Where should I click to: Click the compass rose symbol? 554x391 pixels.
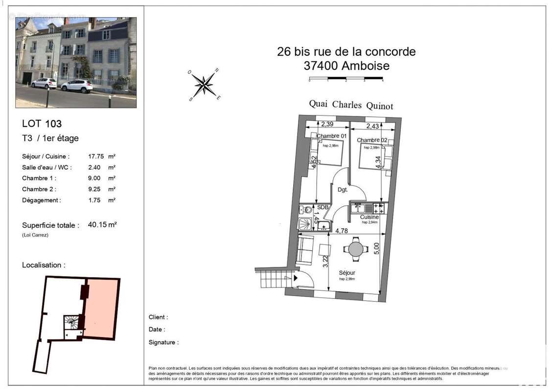click(204, 85)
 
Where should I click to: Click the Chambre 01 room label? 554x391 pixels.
click(332, 136)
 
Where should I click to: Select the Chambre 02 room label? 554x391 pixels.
click(372, 140)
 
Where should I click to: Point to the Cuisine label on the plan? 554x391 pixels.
click(369, 217)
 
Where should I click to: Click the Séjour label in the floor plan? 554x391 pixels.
click(347, 273)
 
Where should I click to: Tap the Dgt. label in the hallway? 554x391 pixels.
click(343, 190)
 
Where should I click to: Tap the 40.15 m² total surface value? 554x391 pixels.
click(102, 225)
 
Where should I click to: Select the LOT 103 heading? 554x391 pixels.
click(42, 124)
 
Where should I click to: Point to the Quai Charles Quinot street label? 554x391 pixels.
click(351, 105)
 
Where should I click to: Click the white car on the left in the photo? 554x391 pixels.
click(44, 83)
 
